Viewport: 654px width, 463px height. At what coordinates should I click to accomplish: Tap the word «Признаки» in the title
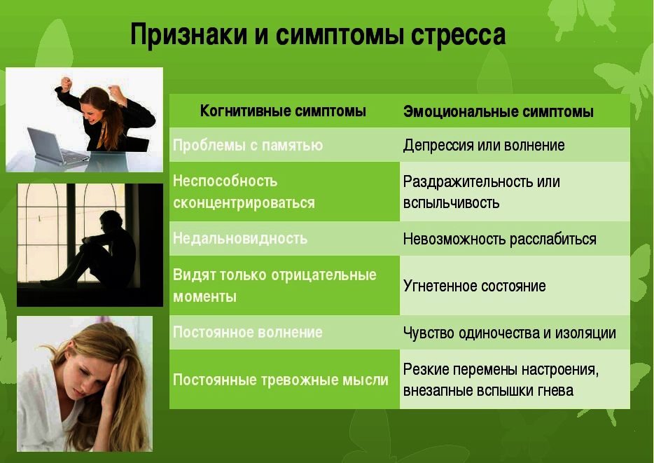tap(182, 35)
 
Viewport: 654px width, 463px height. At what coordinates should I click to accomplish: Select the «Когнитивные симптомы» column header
tap(283, 111)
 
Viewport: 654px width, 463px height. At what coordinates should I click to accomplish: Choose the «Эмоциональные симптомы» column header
tap(498, 111)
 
